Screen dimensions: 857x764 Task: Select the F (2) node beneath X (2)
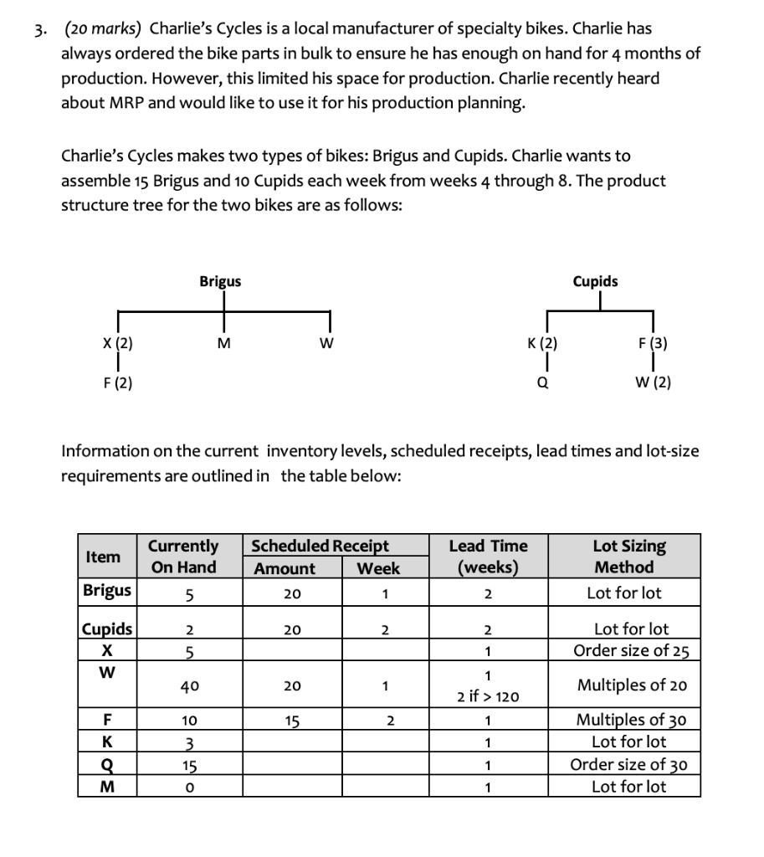click(x=117, y=383)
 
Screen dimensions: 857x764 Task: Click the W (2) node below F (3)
click(x=653, y=383)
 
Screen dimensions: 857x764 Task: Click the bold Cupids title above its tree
click(x=595, y=281)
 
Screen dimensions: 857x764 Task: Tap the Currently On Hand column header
click(x=183, y=557)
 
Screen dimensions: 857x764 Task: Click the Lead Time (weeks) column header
click(x=488, y=557)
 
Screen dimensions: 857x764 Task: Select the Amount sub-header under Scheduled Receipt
click(x=285, y=569)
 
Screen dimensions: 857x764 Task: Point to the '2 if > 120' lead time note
click(x=488, y=696)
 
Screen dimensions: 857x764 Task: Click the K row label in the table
click(x=108, y=742)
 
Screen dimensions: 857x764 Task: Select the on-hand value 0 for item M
click(x=189, y=788)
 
